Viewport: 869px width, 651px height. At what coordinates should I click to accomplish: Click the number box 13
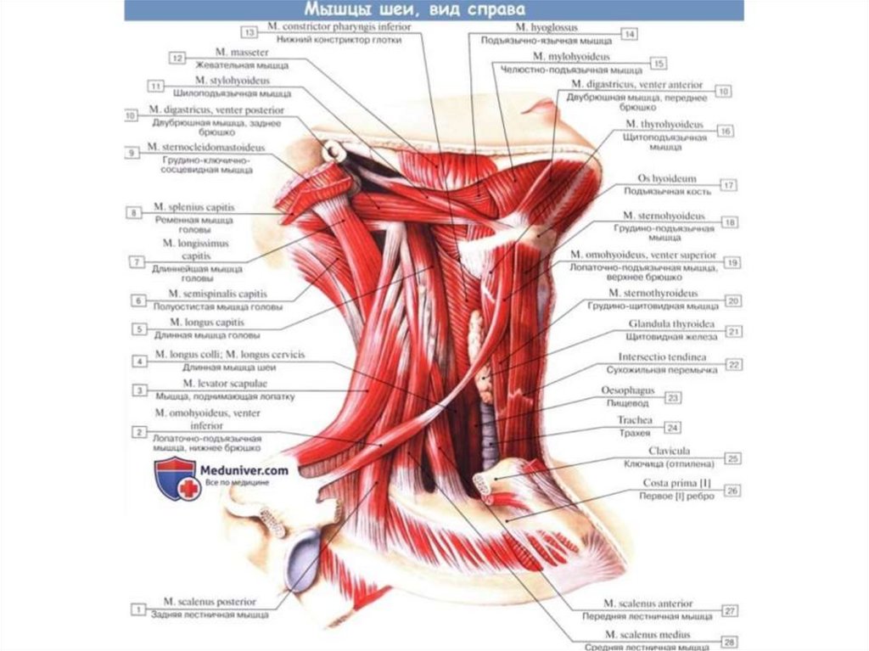click(x=249, y=32)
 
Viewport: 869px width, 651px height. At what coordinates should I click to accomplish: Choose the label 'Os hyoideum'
click(x=666, y=179)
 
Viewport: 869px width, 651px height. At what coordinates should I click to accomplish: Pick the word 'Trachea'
click(x=634, y=420)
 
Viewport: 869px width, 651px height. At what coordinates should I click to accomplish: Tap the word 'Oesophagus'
click(x=631, y=391)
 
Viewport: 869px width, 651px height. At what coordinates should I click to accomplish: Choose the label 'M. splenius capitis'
click(x=194, y=207)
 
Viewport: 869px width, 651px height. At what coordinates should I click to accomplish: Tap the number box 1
click(x=136, y=608)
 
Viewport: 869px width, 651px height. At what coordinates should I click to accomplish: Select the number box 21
click(x=734, y=331)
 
